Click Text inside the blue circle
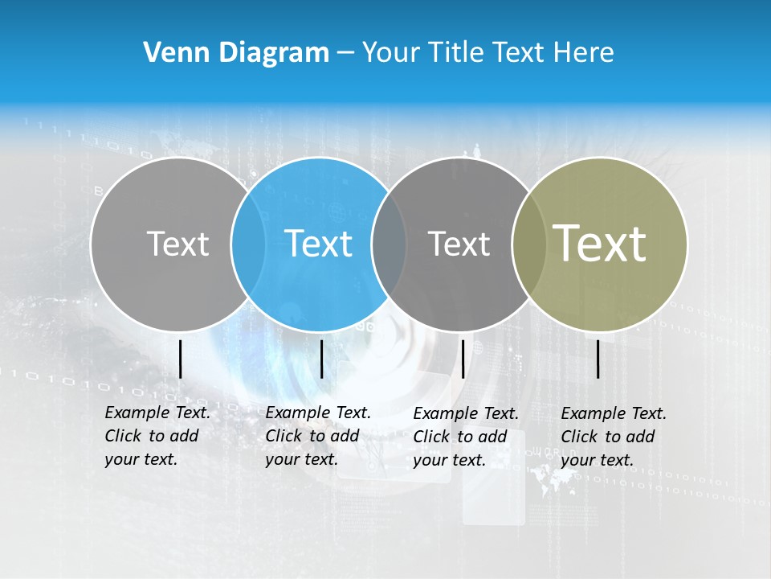(x=319, y=244)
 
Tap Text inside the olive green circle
(x=600, y=243)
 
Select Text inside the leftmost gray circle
(x=177, y=244)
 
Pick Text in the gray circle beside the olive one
(x=459, y=244)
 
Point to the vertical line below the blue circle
(x=321, y=359)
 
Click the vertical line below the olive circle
(x=598, y=359)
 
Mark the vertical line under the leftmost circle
(x=180, y=359)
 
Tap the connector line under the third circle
(x=463, y=359)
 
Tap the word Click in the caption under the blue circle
(x=284, y=436)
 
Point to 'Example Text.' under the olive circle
(x=614, y=413)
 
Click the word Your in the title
(x=390, y=53)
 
